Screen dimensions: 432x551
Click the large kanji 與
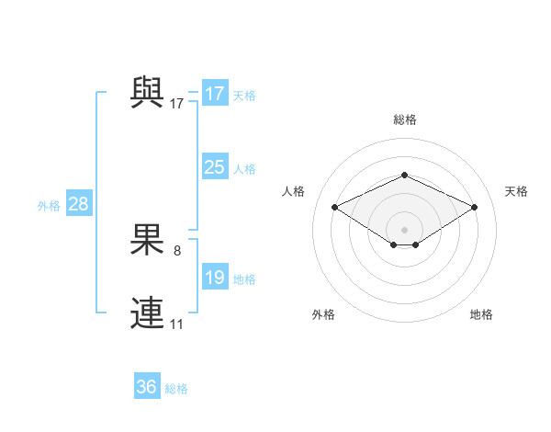(x=147, y=92)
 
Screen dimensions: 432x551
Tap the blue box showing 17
(x=215, y=94)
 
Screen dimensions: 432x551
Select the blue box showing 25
(x=215, y=167)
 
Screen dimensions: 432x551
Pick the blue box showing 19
(x=215, y=278)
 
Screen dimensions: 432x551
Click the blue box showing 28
(x=78, y=204)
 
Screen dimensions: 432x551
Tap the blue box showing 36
(x=147, y=387)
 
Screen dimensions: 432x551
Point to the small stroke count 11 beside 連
(x=177, y=324)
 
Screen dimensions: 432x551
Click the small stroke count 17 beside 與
(x=177, y=104)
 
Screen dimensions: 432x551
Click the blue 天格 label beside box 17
(x=244, y=96)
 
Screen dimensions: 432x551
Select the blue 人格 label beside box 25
(x=244, y=169)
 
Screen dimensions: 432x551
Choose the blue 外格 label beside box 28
(x=49, y=206)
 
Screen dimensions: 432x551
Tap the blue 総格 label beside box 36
(x=176, y=389)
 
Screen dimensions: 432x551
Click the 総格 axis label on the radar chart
(x=404, y=119)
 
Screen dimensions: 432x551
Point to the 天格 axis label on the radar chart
(x=516, y=191)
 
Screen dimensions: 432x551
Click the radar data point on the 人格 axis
(x=334, y=208)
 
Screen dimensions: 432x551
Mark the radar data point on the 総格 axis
(x=404, y=175)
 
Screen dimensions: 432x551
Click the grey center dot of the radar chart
(x=404, y=229)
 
